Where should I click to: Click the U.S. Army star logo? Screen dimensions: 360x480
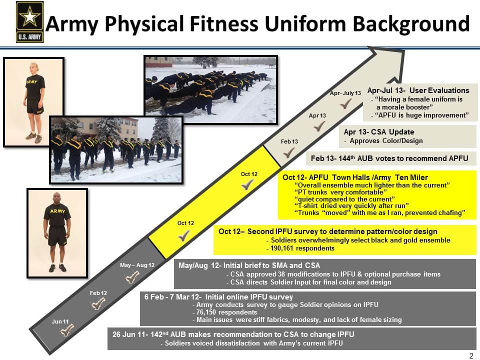[x=29, y=21]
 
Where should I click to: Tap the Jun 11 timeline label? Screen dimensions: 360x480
[x=60, y=321]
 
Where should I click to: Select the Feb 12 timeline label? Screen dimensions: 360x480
[x=98, y=292]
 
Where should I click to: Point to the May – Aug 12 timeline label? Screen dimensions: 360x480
[x=137, y=264]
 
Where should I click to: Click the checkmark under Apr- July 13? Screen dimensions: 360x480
[x=345, y=104]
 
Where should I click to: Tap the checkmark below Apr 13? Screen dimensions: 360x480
[x=319, y=126]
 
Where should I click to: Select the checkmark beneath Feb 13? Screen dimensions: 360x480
[x=288, y=152]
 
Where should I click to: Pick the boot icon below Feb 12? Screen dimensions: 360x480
[x=98, y=303]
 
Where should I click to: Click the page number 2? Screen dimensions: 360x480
[x=471, y=355]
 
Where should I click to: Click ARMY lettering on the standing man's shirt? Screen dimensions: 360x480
[x=57, y=211]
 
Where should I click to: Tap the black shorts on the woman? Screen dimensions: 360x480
[x=34, y=106]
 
